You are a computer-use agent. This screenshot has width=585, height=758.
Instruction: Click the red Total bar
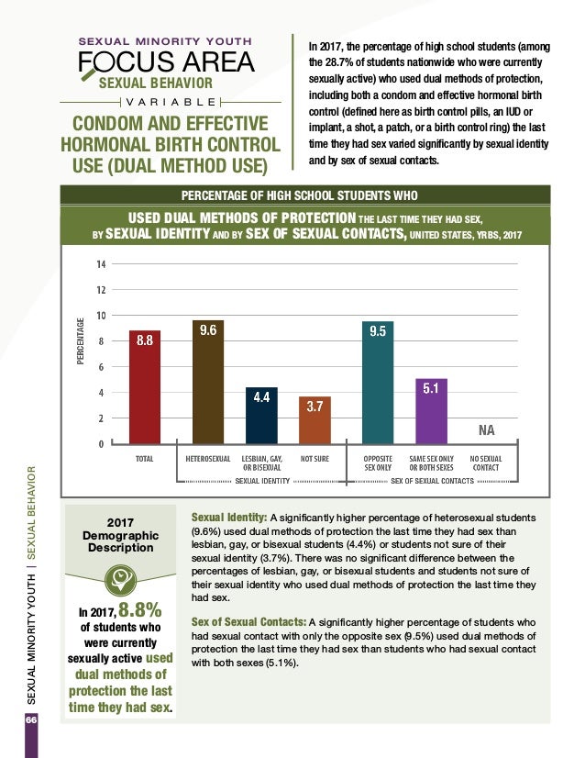(x=144, y=387)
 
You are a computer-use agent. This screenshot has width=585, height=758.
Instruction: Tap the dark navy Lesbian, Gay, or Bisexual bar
(x=260, y=416)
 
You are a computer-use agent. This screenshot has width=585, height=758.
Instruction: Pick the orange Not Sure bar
(x=315, y=420)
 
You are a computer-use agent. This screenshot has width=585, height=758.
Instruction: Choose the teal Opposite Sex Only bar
(x=378, y=383)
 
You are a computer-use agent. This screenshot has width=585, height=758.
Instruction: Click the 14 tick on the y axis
(x=100, y=264)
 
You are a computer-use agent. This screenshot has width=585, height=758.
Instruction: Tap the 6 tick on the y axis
(x=102, y=367)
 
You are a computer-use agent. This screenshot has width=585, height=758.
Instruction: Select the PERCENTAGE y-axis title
(x=81, y=341)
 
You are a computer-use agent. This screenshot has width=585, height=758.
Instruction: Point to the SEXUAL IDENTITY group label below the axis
(x=262, y=480)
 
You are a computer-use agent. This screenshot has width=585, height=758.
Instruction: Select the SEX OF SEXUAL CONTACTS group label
(x=431, y=480)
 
